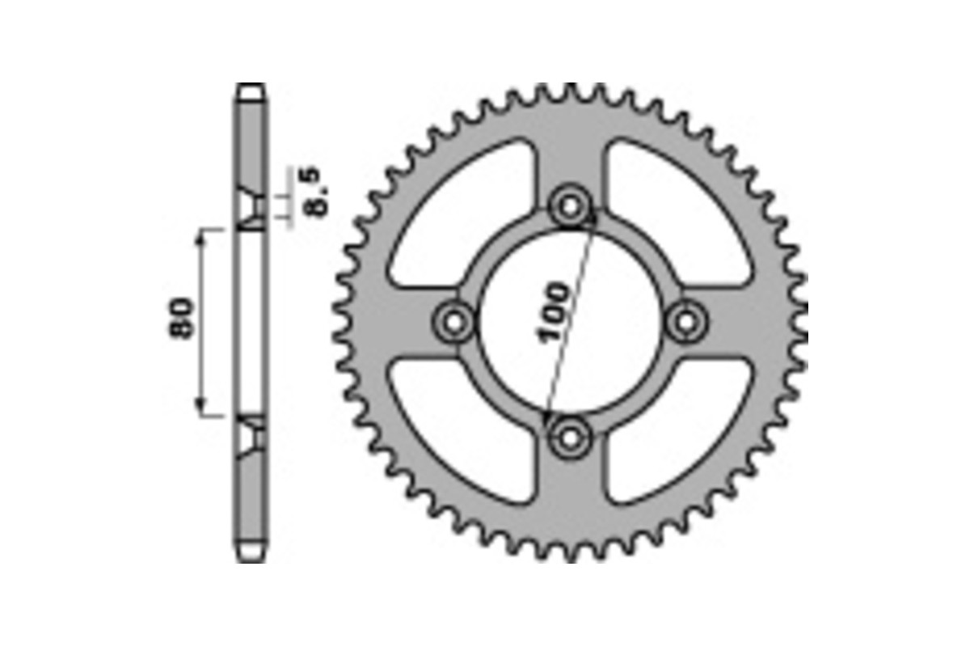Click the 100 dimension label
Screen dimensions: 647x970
point(554,312)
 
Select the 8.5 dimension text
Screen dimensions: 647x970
point(314,191)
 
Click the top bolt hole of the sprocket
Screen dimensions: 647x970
point(571,207)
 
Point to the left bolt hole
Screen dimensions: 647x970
point(455,322)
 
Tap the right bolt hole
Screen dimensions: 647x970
point(687,322)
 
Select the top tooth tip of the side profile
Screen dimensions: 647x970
point(251,87)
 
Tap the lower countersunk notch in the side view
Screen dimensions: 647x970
point(251,437)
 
